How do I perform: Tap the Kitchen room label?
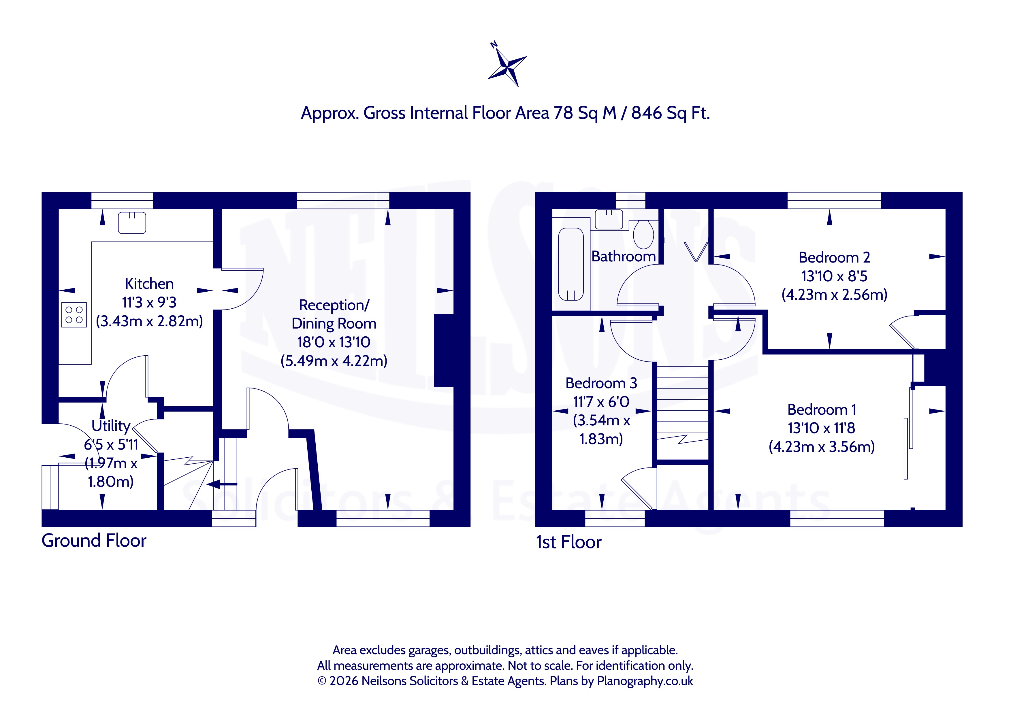pos(149,284)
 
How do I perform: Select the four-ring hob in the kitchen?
pos(74,315)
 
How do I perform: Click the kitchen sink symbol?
pos(132,222)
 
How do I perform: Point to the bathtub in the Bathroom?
pos(571,264)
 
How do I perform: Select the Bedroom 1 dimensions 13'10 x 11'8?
pos(821,428)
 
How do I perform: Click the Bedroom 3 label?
pos(601,383)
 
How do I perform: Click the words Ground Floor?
pos(94,541)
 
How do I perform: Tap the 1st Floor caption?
pos(568,542)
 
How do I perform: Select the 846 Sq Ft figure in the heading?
pos(670,113)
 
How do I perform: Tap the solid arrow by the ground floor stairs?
pos(222,484)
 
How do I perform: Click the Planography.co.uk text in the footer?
pos(645,681)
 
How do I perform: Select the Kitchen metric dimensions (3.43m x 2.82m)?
pos(149,321)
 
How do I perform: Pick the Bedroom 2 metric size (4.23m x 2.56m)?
pos(834,295)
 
